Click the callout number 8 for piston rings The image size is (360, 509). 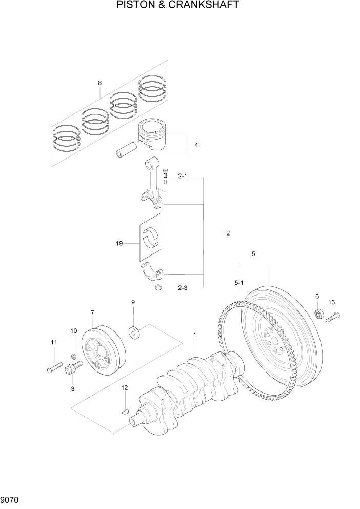point(99,83)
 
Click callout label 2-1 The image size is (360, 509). point(182,177)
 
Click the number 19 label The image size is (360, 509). point(119,244)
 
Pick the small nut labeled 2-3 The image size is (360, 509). point(159,287)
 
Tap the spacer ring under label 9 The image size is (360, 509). point(135,332)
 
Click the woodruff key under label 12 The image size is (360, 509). point(124,410)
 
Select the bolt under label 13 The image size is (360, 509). point(333,316)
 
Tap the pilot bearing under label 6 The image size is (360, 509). point(318,314)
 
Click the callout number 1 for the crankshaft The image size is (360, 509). point(195,335)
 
